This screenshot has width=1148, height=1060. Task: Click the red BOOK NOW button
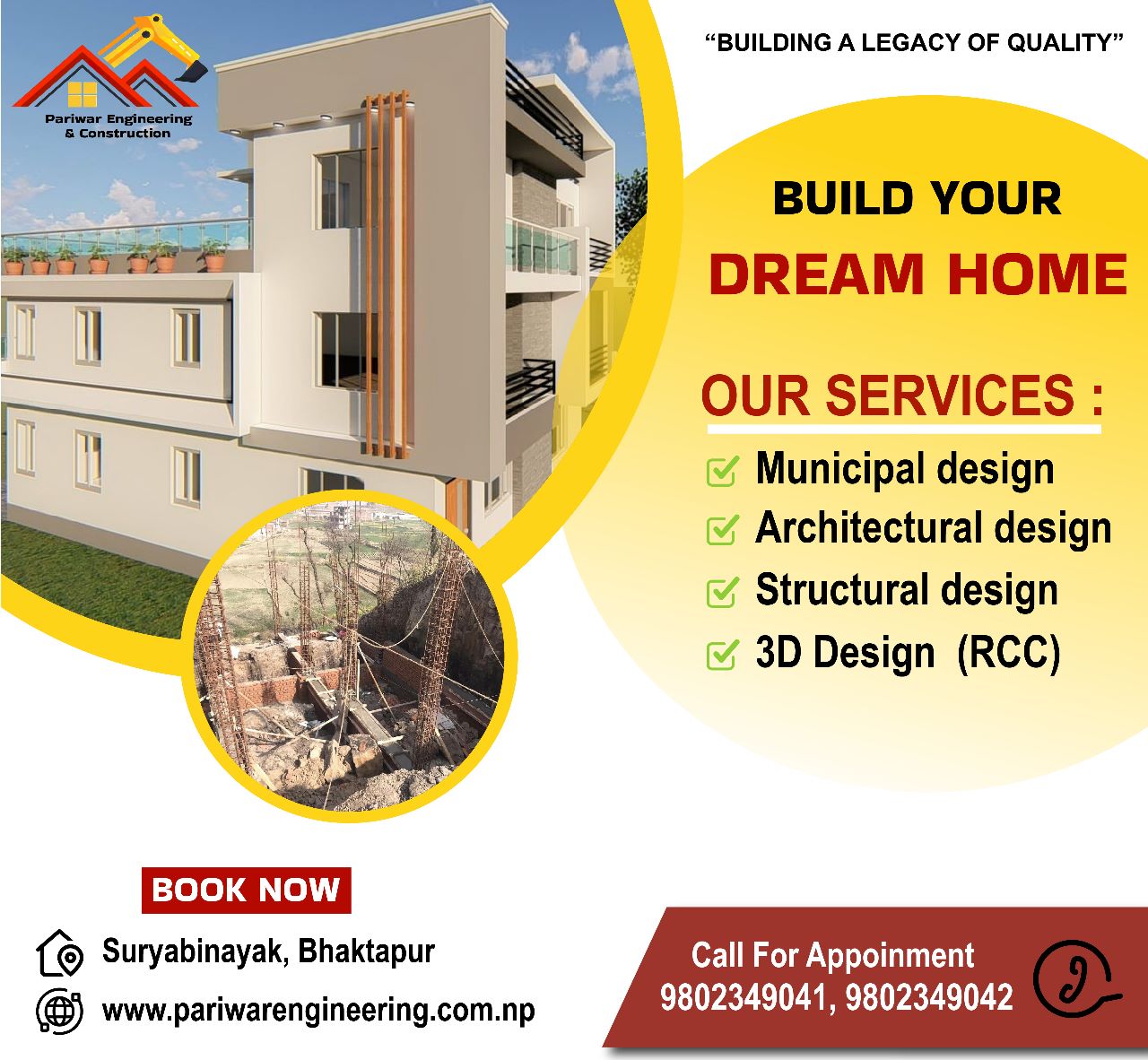pyautogui.click(x=247, y=890)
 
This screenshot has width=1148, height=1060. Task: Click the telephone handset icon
pyautogui.click(x=1074, y=978)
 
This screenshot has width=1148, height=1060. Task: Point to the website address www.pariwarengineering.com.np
pyautogui.click(x=318, y=1011)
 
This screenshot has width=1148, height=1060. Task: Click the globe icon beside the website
pyautogui.click(x=59, y=1011)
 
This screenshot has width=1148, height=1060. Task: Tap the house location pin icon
pyautogui.click(x=59, y=953)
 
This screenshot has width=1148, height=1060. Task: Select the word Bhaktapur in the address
pyautogui.click(x=366, y=951)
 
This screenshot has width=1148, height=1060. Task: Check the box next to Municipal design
pyautogui.click(x=722, y=471)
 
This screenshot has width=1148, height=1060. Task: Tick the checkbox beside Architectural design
pyautogui.click(x=722, y=530)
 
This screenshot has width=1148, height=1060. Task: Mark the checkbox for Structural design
pyautogui.click(x=722, y=592)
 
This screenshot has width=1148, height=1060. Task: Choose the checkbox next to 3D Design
pyautogui.click(x=722, y=655)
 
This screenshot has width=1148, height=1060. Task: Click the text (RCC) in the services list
pyautogui.click(x=1009, y=653)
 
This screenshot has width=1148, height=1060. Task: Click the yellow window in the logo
pyautogui.click(x=83, y=94)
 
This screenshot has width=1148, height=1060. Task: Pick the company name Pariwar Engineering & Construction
pyautogui.click(x=118, y=126)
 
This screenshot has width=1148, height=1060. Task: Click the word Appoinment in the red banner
pyautogui.click(x=891, y=955)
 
